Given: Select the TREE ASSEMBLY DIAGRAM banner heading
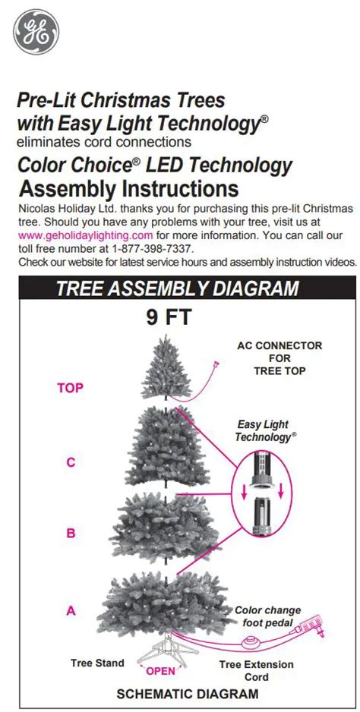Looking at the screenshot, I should (178, 288).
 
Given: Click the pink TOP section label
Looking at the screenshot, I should (70, 387).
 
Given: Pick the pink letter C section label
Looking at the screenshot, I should (71, 462).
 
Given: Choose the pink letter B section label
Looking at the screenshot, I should (71, 533).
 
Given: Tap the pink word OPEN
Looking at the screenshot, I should (160, 670).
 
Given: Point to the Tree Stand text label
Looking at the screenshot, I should (97, 663).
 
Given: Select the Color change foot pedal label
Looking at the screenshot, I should (267, 616).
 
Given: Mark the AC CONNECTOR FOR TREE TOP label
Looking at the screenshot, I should (279, 358).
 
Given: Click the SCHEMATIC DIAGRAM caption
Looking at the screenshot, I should (187, 694).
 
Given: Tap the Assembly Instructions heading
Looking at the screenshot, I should (128, 187).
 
